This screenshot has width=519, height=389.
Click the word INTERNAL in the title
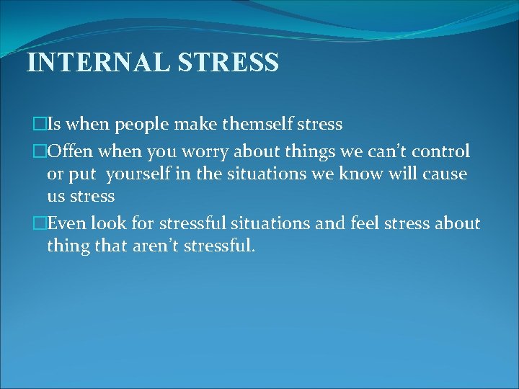(98, 62)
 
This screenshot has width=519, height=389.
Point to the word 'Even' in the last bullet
(71, 224)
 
